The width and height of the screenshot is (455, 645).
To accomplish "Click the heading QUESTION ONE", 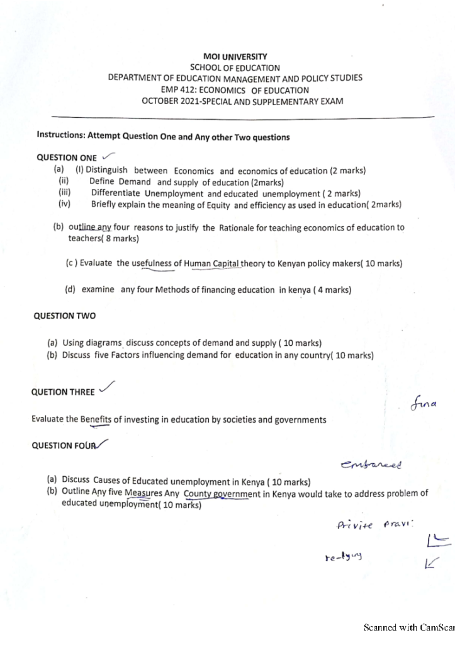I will click(x=67, y=157).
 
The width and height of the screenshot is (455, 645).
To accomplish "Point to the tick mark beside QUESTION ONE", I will click(x=108, y=155).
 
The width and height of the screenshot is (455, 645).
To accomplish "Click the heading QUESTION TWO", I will click(x=64, y=316).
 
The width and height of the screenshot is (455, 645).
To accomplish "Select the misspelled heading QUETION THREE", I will click(x=63, y=392).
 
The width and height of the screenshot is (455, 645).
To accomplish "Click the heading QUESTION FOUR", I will click(x=62, y=445).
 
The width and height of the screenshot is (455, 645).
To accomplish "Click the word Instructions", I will click(x=60, y=135).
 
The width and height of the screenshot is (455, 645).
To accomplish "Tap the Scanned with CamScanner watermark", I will click(x=409, y=628).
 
